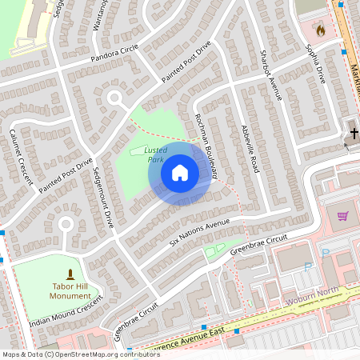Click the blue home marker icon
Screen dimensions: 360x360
click(180, 173)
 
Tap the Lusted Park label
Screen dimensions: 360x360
click(154, 154)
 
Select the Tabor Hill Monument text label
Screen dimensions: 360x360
click(70, 290)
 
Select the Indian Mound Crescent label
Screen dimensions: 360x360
click(66, 313)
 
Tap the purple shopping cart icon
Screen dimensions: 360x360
click(342, 216)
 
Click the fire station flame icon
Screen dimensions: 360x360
click(321, 31)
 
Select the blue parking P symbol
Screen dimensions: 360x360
click(326, 253)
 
